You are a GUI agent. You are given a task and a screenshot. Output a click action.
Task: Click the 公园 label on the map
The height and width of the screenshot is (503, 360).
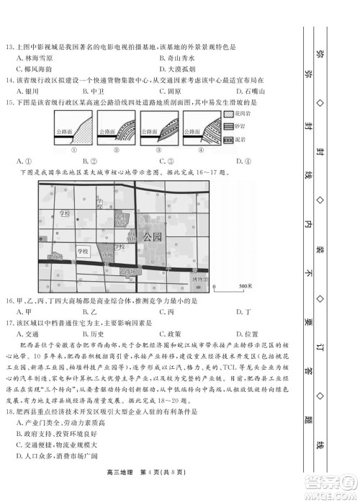(153, 236)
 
